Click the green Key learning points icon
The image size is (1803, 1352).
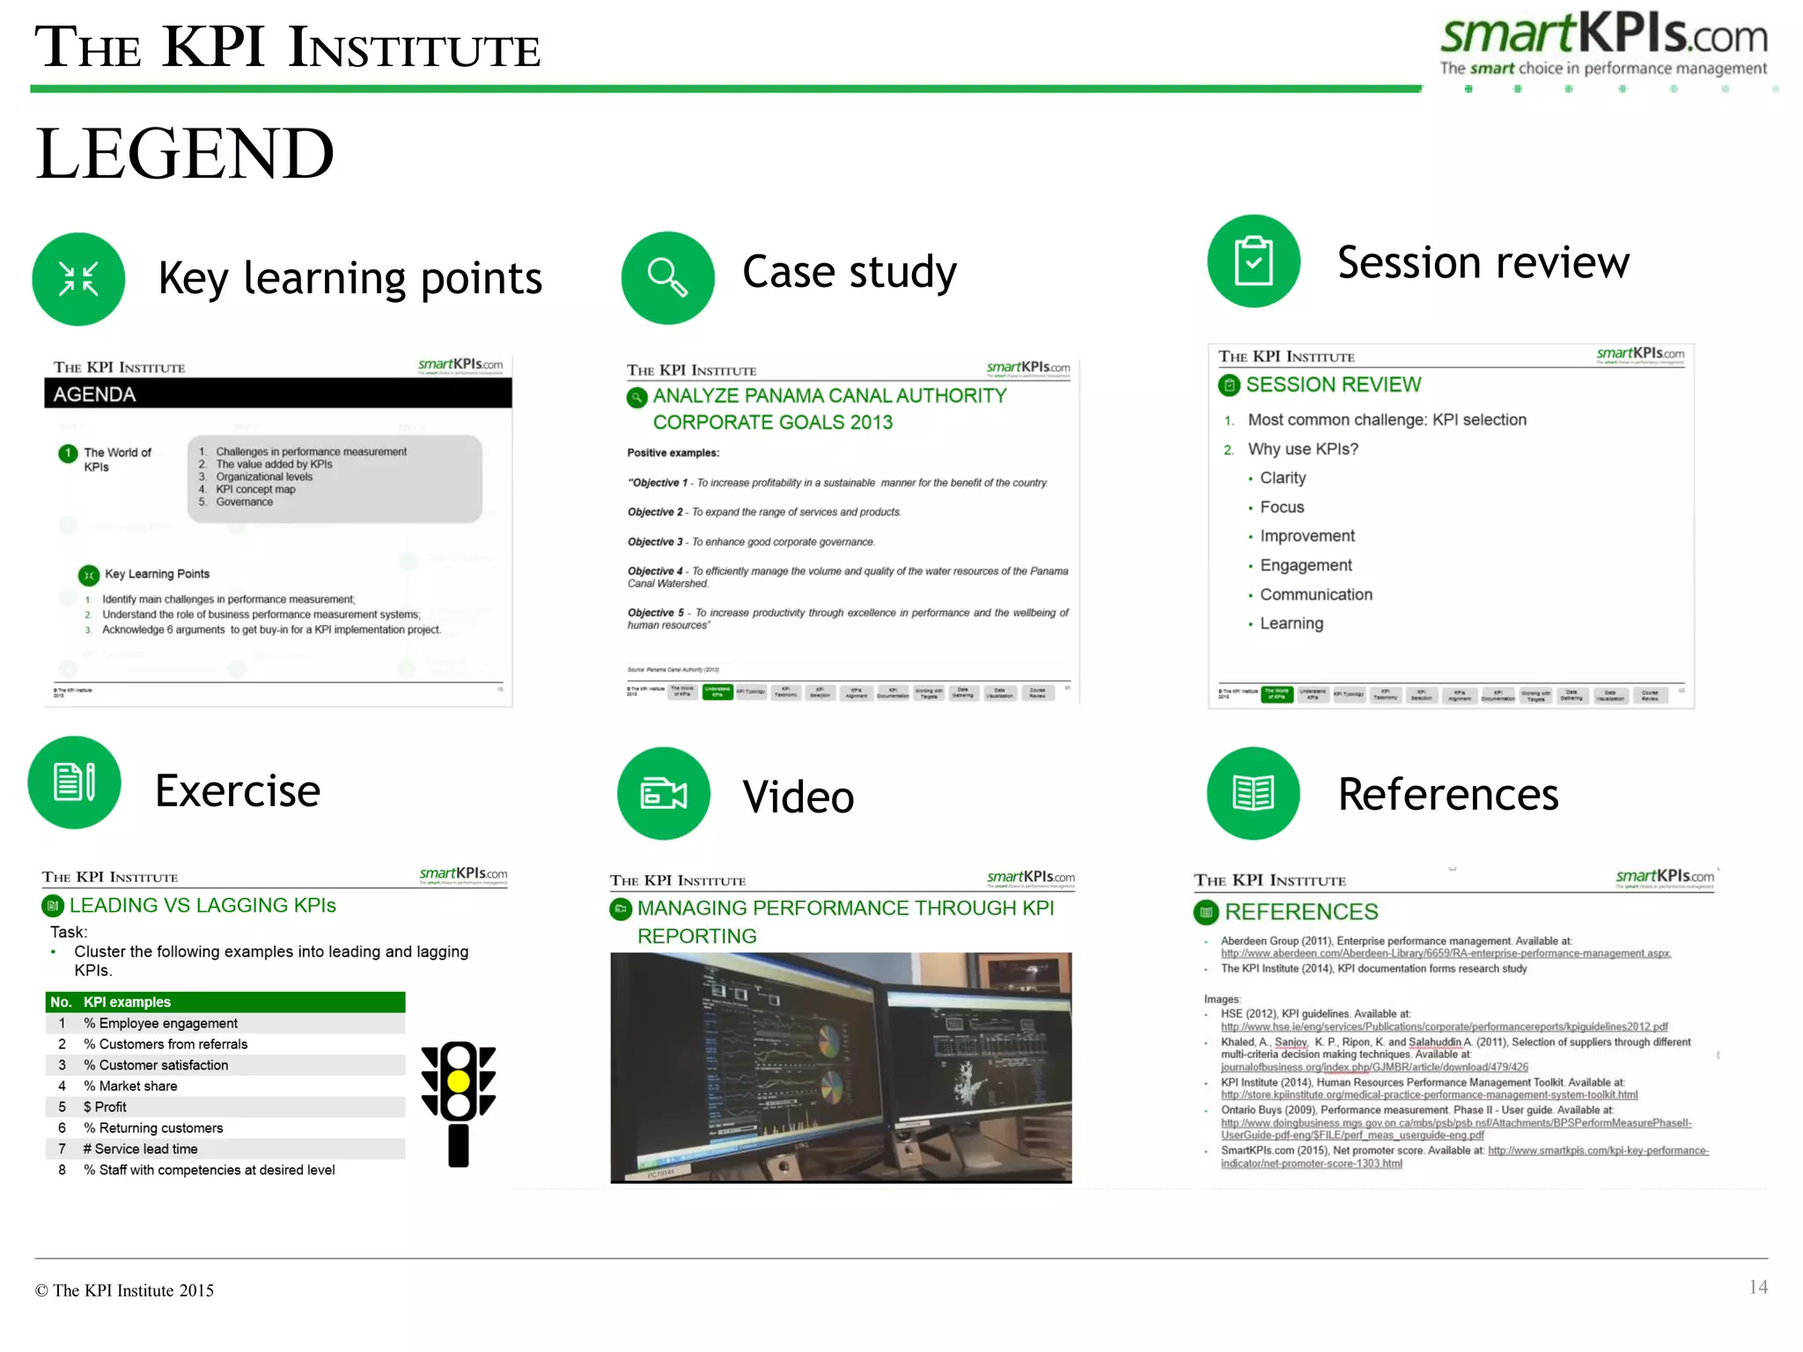click(x=78, y=279)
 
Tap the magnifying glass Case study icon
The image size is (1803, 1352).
click(x=667, y=278)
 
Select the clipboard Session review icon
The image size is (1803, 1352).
click(x=1253, y=261)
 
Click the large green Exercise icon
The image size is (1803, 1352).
click(x=75, y=783)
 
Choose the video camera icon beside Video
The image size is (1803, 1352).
click(x=663, y=793)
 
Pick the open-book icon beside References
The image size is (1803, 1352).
click(x=1253, y=793)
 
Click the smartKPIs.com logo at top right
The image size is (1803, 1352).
click(x=1603, y=44)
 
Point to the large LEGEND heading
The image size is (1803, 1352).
click(x=185, y=153)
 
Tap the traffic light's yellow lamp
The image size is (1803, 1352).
click(x=459, y=1081)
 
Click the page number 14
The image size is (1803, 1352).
click(x=1757, y=1287)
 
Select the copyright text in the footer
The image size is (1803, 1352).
click(x=124, y=1290)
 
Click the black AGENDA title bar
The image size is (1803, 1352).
click(x=278, y=393)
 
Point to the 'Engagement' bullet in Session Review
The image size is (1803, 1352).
click(x=1305, y=565)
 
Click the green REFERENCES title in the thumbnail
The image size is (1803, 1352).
click(x=1300, y=912)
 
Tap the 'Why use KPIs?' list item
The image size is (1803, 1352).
click(x=1302, y=449)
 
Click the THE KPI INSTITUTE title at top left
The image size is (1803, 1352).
click(x=287, y=48)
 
